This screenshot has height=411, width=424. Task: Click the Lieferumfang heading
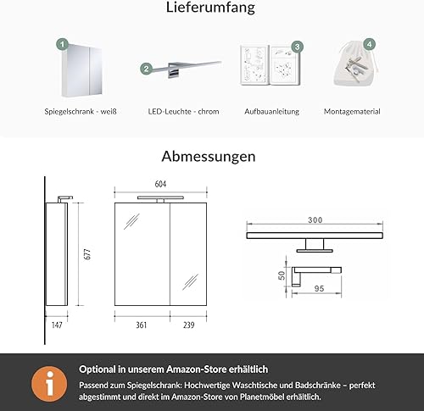coord(210,8)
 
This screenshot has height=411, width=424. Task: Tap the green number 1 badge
coord(62,44)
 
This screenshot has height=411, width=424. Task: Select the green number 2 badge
coord(146,69)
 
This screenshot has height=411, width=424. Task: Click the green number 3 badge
coord(297,47)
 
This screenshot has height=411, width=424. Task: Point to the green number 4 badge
coord(369,44)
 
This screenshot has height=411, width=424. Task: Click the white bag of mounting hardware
coord(355,64)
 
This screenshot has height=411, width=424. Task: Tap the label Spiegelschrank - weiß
coord(81,111)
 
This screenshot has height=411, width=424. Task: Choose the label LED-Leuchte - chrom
coord(183,111)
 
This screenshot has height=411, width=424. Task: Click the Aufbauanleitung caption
coord(272,112)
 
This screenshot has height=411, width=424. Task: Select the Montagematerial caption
coord(352,111)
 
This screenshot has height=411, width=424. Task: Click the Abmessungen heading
coord(209,157)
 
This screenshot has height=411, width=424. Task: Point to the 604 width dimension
coord(160,184)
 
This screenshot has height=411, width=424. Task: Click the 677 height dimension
coord(87,254)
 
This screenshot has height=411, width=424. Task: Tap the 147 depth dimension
coord(57,325)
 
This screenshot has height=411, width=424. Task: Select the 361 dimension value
coord(142,325)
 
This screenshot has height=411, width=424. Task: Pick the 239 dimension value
coord(188,325)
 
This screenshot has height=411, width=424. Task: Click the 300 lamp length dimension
coord(315,219)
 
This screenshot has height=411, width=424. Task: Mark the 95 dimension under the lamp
coord(319,288)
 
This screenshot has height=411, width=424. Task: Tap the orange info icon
coord(49,384)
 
